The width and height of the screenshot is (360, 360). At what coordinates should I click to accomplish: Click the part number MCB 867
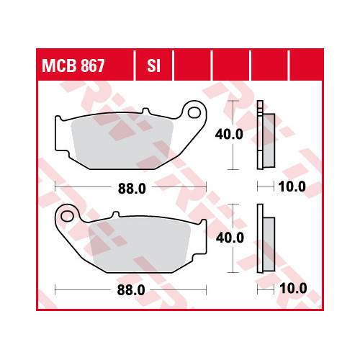73,66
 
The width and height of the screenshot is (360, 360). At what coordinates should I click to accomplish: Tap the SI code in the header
153,66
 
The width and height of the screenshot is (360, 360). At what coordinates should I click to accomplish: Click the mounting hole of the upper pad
194,112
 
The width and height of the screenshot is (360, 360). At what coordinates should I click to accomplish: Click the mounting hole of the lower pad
68,216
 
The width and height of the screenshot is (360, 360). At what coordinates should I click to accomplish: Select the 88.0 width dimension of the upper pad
132,189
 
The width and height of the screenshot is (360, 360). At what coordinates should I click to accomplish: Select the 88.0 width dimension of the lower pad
131,290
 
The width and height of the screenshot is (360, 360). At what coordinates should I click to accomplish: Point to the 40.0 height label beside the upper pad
229,134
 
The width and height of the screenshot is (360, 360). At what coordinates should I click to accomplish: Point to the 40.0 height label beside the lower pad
230,238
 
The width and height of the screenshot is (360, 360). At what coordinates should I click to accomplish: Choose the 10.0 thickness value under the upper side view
292,186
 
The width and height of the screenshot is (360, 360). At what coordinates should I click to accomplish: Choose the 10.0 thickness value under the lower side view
293,288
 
